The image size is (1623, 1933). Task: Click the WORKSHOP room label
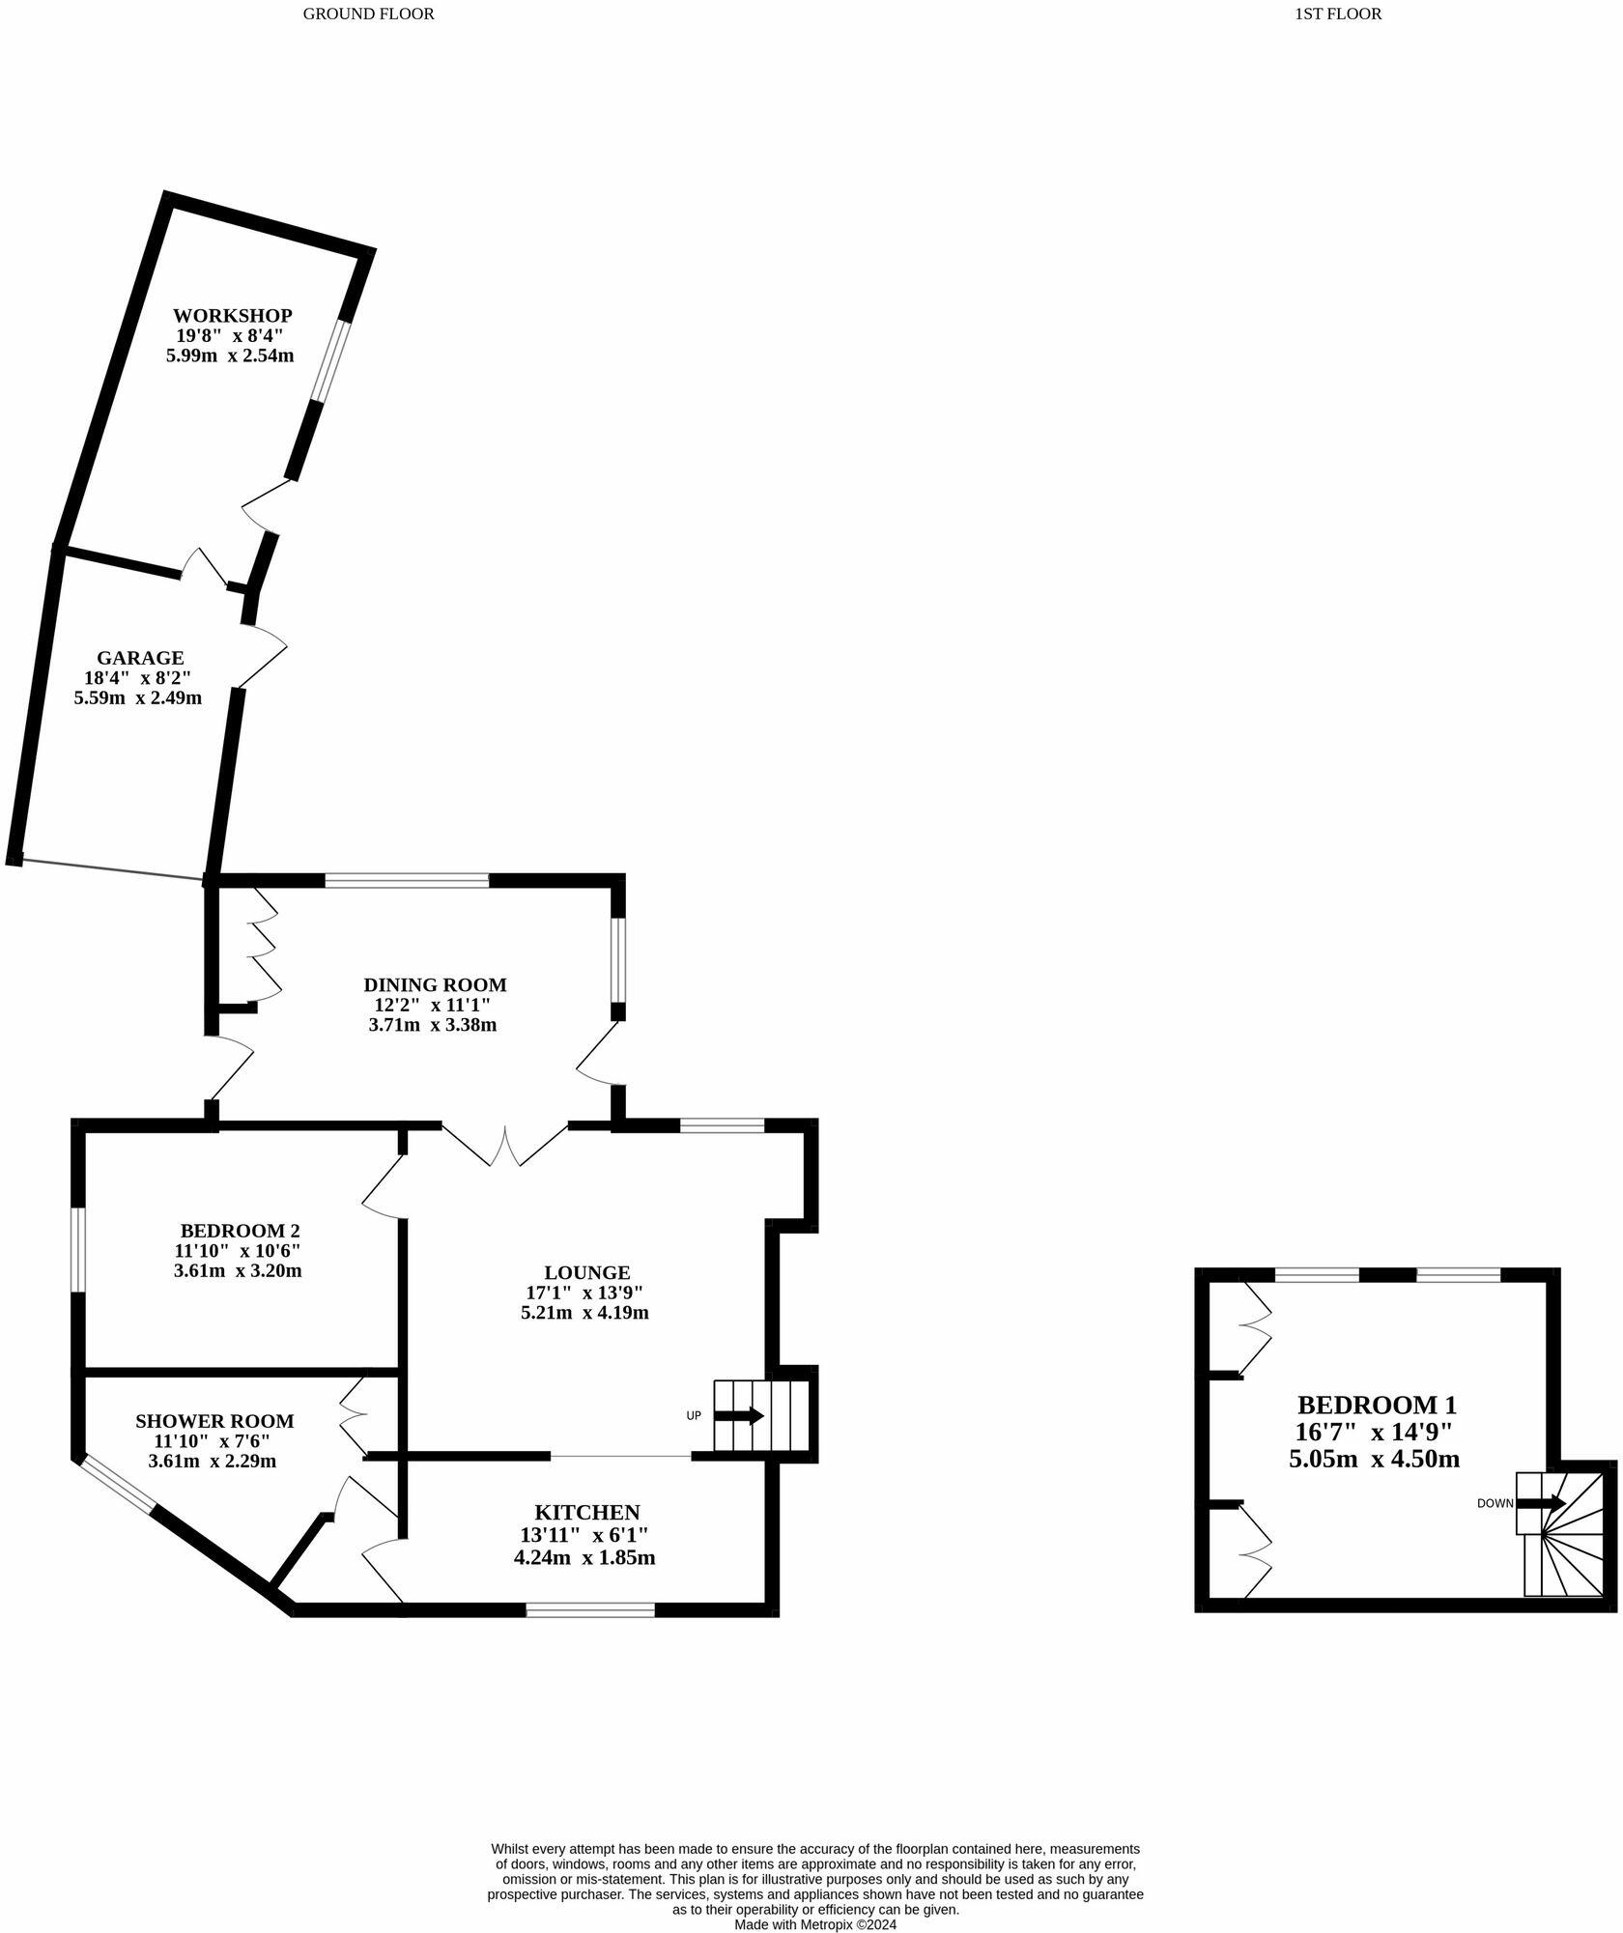click(x=232, y=316)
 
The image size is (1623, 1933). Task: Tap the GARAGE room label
click(x=139, y=658)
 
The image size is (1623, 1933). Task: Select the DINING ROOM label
click(x=435, y=985)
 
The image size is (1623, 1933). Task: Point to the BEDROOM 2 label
click(x=240, y=1232)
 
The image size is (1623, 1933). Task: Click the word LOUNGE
click(x=586, y=1273)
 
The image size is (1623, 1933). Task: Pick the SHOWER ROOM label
click(x=214, y=1422)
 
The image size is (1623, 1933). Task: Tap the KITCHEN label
click(x=586, y=1513)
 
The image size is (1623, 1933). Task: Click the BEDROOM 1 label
click(x=1376, y=1406)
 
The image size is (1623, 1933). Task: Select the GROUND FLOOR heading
click(x=368, y=14)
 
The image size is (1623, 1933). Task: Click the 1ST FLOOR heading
click(x=1337, y=14)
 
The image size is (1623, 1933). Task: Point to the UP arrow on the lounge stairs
click(x=739, y=1416)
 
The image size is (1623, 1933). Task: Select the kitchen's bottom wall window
click(x=590, y=1610)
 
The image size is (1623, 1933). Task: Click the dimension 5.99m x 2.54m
click(x=230, y=355)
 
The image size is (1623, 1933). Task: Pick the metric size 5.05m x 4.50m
click(x=1374, y=1460)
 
